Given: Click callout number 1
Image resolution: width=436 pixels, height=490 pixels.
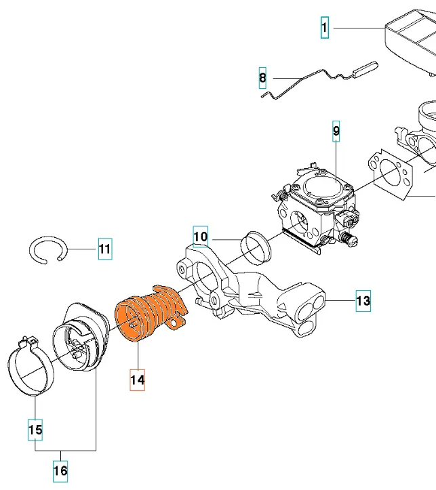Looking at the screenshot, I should click(x=325, y=28).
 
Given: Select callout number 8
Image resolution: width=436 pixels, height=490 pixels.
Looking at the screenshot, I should click(x=263, y=79).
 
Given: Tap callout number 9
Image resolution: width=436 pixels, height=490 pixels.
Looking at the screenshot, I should click(x=336, y=130).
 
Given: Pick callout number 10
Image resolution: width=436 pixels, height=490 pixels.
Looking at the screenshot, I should click(x=200, y=237).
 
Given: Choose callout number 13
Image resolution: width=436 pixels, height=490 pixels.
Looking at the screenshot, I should click(x=363, y=300).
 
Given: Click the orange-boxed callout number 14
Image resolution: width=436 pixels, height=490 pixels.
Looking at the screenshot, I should click(x=138, y=380).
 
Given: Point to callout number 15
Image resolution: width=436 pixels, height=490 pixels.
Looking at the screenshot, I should click(x=35, y=429).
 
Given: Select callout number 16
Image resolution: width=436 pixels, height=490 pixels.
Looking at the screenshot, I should click(x=60, y=470).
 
